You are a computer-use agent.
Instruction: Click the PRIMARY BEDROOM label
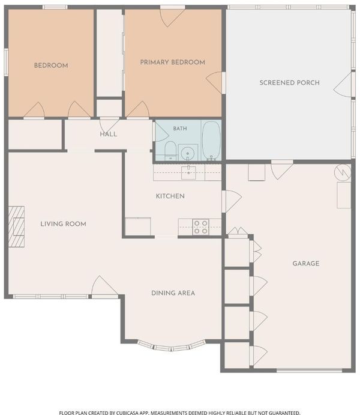(172, 62)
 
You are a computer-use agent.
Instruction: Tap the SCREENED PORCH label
(289, 82)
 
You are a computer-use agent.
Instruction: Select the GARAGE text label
(306, 263)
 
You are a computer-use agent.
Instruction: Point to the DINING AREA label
(173, 293)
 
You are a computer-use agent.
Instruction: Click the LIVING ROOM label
(63, 224)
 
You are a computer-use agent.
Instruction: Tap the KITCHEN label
(170, 196)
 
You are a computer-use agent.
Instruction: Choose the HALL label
(109, 134)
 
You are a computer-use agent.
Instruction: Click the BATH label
(180, 129)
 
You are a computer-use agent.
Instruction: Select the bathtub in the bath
(211, 141)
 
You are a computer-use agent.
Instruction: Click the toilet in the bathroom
(170, 151)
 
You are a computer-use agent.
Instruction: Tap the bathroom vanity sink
(188, 153)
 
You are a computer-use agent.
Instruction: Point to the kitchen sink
(188, 172)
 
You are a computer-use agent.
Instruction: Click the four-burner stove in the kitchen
(200, 227)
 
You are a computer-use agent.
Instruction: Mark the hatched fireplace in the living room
(16, 227)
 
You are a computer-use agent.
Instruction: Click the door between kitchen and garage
(231, 201)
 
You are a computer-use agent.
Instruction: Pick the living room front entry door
(104, 287)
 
